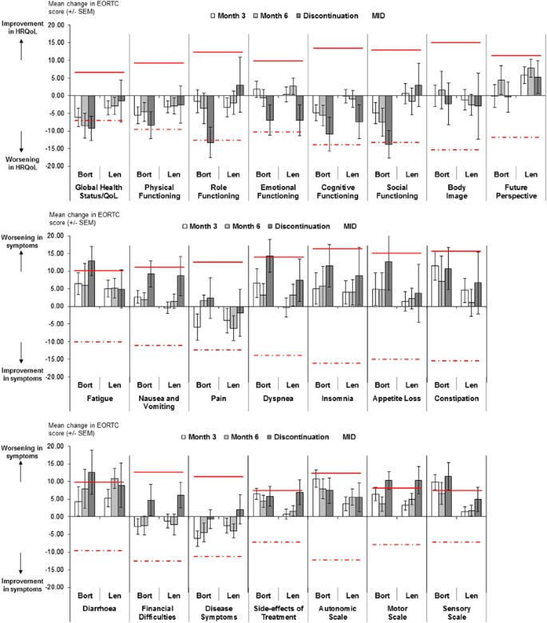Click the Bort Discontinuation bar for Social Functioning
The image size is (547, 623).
point(389,119)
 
